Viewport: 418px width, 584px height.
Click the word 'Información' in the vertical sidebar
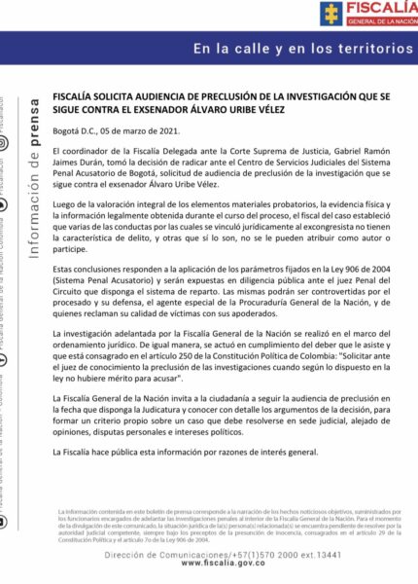point(36,205)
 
